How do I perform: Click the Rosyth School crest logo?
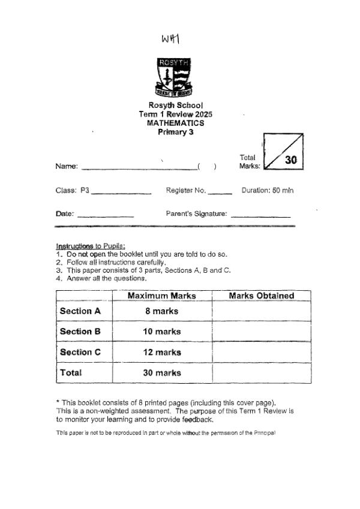[174, 77]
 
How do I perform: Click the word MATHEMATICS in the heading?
[175, 123]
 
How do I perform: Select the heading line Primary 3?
[175, 132]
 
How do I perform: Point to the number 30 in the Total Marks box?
[291, 160]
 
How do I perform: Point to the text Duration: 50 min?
[268, 191]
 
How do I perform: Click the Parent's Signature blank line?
[260, 216]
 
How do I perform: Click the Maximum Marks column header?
[162, 296]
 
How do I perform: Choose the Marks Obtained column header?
[262, 296]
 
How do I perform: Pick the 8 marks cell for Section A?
[162, 311]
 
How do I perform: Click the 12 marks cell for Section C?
[162, 353]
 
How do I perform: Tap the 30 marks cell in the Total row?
[162, 373]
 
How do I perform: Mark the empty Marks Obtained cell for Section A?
[262, 311]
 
